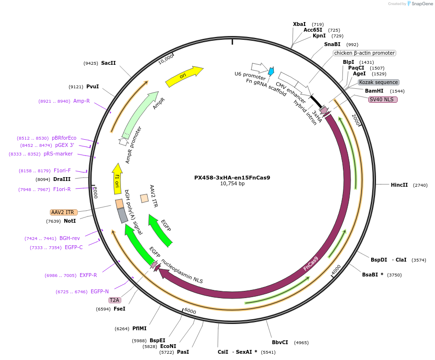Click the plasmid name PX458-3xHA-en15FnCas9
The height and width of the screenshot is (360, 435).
click(232, 178)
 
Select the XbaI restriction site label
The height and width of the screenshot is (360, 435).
click(299, 24)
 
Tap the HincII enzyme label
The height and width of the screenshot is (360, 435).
click(399, 185)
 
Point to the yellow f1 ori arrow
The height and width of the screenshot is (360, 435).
click(117, 178)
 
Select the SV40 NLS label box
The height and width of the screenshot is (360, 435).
click(382, 99)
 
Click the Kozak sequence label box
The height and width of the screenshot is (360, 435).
click(378, 82)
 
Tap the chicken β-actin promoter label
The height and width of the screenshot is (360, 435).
click(364, 53)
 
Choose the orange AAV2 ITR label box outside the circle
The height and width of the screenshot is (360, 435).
click(63, 212)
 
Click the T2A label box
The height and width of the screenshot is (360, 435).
click(115, 300)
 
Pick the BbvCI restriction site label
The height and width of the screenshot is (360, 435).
click(280, 342)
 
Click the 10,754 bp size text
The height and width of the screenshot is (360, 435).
click(232, 184)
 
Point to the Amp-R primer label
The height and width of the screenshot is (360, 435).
click(81, 101)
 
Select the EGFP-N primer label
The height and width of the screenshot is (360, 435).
click(99, 291)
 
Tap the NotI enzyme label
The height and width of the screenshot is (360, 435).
click(70, 221)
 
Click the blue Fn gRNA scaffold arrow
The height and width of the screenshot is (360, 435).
click(271, 72)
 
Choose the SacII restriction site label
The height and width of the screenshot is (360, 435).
click(108, 63)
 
